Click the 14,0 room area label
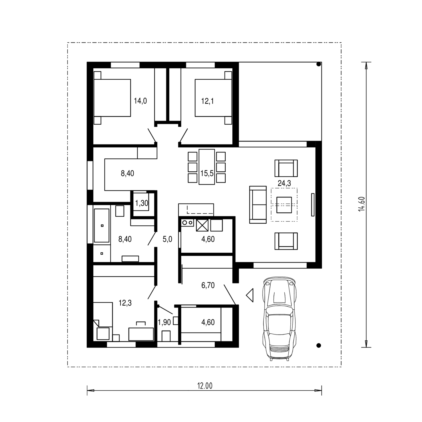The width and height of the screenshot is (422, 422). click(140, 101)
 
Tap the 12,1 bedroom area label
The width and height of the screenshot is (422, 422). click(207, 101)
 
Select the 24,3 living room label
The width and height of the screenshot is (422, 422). click(284, 183)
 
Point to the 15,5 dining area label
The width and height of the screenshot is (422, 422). click(207, 173)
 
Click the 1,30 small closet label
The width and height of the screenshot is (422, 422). click(142, 203)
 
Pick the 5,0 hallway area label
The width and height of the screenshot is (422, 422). click(167, 239)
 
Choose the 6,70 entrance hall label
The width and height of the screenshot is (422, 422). click(208, 286)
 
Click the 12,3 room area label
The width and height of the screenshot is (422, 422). click(125, 303)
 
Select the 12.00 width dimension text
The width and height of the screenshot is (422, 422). click(205, 386)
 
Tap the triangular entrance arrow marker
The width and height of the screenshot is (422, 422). click(250, 295)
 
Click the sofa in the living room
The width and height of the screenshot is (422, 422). click(258, 205)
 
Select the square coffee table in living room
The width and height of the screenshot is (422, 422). click(284, 205)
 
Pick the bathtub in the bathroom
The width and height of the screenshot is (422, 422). click(102, 226)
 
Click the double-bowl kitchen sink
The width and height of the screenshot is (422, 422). click(188, 223)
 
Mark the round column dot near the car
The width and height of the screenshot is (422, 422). click(318, 345)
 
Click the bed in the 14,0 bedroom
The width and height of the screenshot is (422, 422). click(112, 98)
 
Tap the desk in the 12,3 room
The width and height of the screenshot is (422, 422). click(141, 334)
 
